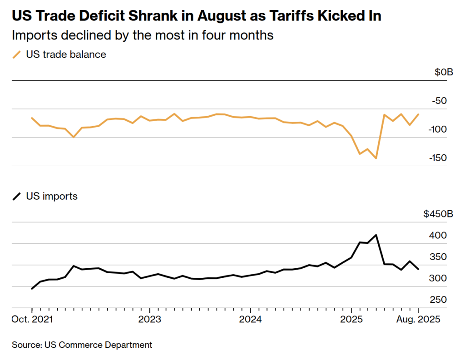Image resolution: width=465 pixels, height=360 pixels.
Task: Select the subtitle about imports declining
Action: pyautogui.click(x=143, y=35)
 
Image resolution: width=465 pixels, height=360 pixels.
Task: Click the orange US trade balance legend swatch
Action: pyautogui.click(x=17, y=55)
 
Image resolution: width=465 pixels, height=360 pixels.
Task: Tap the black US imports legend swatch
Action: pyautogui.click(x=17, y=197)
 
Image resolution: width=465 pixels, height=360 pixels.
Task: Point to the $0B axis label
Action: pyautogui.click(x=444, y=72)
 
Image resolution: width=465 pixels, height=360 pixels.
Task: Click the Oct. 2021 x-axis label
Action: pyautogui.click(x=32, y=319)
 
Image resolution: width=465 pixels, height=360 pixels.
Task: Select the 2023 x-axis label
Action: pyautogui.click(x=150, y=319)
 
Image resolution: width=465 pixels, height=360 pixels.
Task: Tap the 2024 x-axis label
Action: pyautogui.click(x=251, y=319)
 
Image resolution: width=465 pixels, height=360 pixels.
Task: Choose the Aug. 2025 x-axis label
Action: pyautogui.click(x=418, y=319)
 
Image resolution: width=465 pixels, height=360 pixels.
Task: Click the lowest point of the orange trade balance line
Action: pyautogui.click(x=376, y=158)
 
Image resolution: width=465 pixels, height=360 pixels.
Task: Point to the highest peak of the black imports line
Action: pyautogui.click(x=376, y=235)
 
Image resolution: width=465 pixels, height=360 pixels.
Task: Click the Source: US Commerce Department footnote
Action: pyautogui.click(x=82, y=345)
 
